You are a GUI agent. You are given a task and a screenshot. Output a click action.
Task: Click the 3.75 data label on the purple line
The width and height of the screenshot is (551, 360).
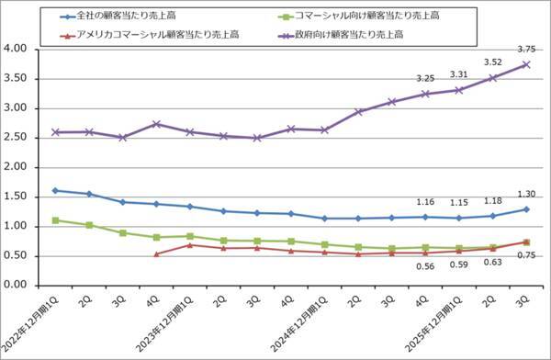(x=525, y=50)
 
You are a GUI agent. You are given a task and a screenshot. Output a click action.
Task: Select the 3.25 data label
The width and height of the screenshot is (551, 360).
(x=425, y=79)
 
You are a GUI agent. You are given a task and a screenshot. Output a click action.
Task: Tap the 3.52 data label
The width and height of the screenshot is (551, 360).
(x=492, y=63)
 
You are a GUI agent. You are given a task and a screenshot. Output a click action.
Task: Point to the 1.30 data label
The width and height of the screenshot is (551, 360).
(x=525, y=195)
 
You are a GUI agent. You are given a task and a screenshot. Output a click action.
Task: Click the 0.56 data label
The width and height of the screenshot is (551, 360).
(x=425, y=266)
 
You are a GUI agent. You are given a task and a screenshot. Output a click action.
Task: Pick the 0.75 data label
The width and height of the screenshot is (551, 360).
(x=525, y=256)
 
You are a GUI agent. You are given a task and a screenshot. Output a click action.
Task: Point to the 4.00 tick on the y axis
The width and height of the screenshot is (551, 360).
(x=17, y=50)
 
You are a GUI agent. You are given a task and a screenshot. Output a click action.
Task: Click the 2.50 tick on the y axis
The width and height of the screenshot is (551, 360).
(x=17, y=138)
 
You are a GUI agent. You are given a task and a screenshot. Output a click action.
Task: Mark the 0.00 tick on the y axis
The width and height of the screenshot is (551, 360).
(x=17, y=286)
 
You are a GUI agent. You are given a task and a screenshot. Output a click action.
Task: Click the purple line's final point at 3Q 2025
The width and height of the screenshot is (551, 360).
(x=526, y=64)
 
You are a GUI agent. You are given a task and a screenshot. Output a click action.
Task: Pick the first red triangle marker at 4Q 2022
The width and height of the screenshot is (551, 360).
(x=156, y=254)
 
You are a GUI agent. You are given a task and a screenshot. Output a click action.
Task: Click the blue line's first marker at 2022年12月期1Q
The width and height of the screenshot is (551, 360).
(x=56, y=190)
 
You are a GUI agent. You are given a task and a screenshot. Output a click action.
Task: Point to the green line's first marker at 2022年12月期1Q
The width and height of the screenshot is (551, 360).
(x=56, y=220)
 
